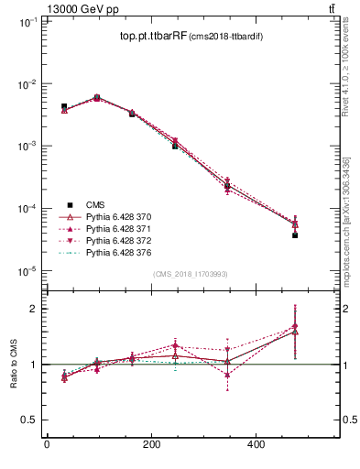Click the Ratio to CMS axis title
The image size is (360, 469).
coord(14,364)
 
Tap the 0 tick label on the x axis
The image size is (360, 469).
coord(47,444)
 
